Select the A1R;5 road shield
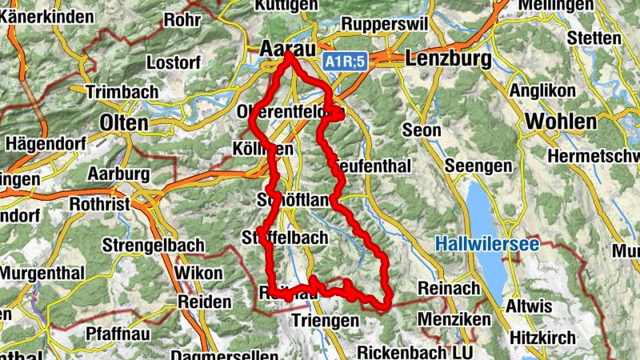[x=346, y=61]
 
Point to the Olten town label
[x=124, y=122]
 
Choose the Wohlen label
[x=562, y=122]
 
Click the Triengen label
[x=326, y=320]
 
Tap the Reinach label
[x=449, y=288]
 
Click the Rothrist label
[x=100, y=204]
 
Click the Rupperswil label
[x=379, y=23]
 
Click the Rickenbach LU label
[x=415, y=351]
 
